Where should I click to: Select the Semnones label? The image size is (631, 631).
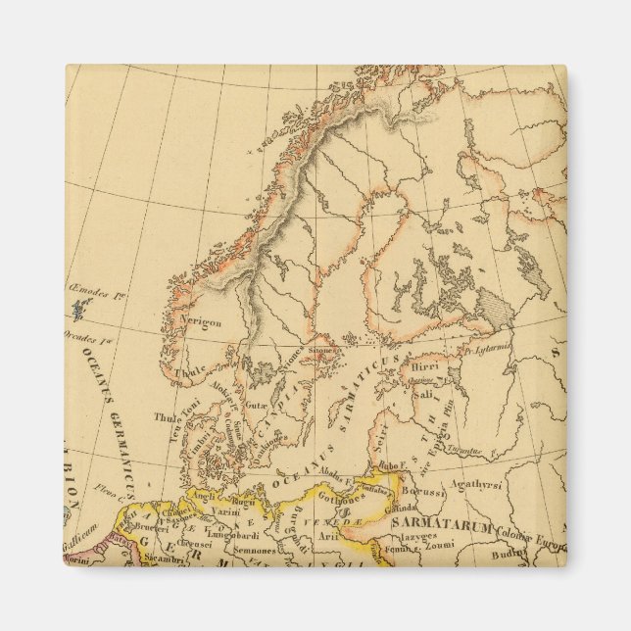coord(254,553)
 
